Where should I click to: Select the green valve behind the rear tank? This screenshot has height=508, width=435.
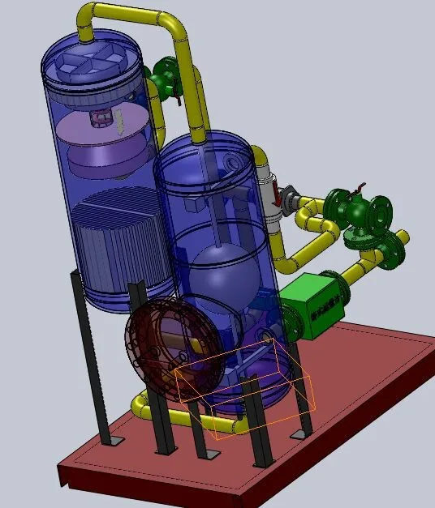click(x=162, y=76)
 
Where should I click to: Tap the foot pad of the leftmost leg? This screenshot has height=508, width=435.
click(x=114, y=440)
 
